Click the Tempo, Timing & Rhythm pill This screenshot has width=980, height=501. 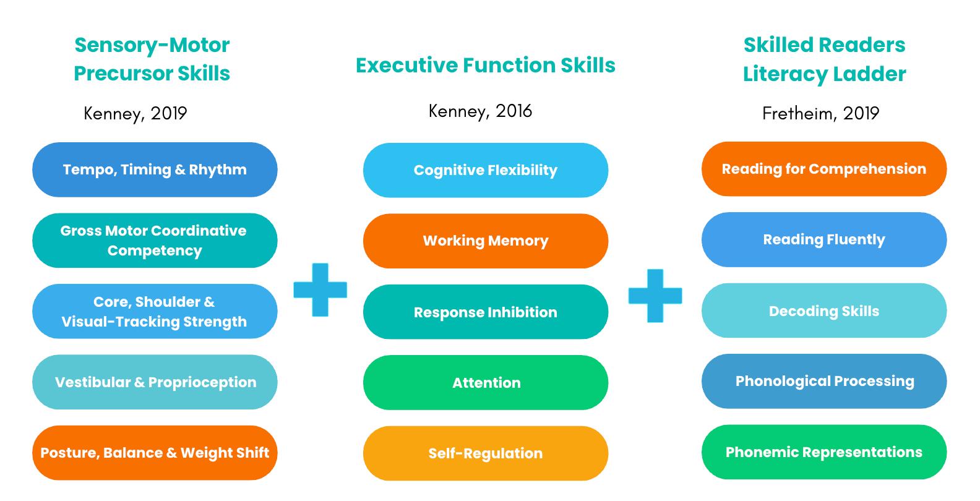(x=155, y=169)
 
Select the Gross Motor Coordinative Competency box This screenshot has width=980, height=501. (x=155, y=241)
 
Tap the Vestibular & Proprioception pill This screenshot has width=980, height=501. (x=155, y=382)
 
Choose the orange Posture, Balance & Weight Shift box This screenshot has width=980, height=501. (x=155, y=453)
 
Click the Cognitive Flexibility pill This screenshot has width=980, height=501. (x=486, y=170)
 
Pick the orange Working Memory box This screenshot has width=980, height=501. (x=486, y=241)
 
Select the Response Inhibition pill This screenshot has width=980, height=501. (x=486, y=312)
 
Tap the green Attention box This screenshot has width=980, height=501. (x=486, y=383)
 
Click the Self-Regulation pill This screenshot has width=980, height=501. (x=486, y=453)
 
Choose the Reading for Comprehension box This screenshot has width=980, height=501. (x=824, y=169)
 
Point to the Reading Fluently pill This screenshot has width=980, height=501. (x=824, y=239)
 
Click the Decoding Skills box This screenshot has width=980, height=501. (x=824, y=310)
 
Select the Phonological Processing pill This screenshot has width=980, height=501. (x=824, y=381)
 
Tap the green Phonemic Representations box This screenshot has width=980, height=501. (x=824, y=452)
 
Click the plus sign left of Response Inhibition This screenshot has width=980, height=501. (x=320, y=289)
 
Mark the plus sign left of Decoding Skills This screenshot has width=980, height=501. (x=655, y=296)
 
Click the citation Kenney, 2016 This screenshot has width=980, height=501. (x=480, y=111)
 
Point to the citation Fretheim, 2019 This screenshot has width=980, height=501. (x=820, y=114)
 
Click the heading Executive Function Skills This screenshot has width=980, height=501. (x=486, y=65)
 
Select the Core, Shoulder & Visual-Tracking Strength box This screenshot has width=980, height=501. (x=155, y=311)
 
